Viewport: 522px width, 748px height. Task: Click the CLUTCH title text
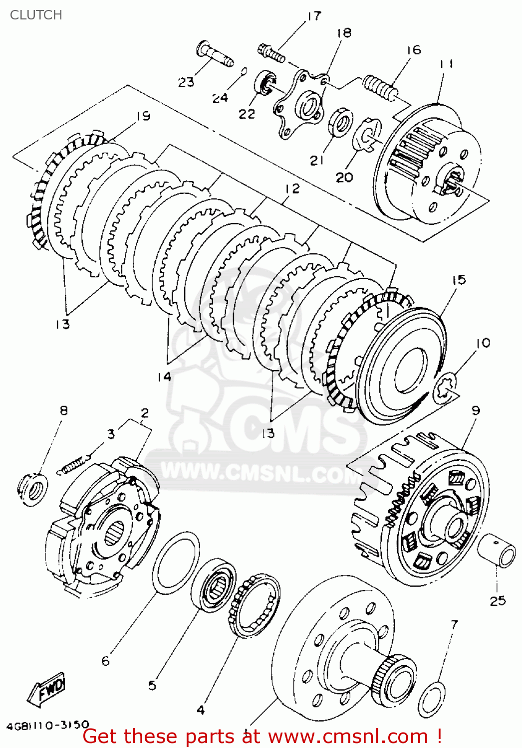(36, 15)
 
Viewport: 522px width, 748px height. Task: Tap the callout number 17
(313, 16)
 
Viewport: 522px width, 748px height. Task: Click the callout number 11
(447, 64)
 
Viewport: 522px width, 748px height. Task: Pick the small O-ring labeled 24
(244, 71)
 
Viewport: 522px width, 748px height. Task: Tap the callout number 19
(143, 116)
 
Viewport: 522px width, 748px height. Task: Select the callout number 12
(292, 188)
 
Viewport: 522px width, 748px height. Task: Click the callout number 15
(459, 280)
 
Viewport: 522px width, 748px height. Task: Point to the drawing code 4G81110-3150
(48, 725)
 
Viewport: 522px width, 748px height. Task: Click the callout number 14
(164, 376)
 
